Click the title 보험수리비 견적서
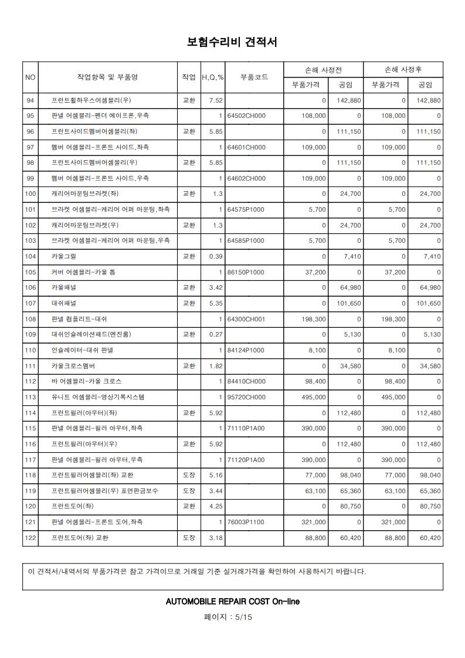(232, 42)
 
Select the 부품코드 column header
(254, 77)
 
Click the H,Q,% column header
(213, 77)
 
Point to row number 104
(31, 256)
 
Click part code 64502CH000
(246, 116)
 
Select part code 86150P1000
(246, 272)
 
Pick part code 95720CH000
(246, 397)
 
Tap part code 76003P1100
(246, 522)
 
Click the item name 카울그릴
(64, 256)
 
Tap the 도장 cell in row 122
(189, 537)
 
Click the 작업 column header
(189, 77)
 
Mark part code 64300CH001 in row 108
(246, 319)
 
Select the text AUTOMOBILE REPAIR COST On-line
(233, 602)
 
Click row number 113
(31, 397)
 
